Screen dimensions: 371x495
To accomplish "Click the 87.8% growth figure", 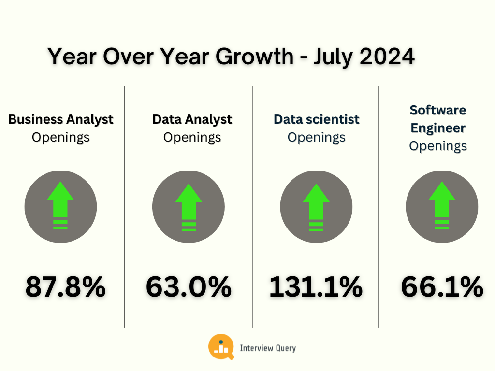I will tap(65, 287).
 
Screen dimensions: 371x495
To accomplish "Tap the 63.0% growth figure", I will tap(189, 287).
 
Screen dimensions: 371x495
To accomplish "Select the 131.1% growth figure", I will tap(316, 287).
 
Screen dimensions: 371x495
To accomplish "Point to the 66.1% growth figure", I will tap(442, 287).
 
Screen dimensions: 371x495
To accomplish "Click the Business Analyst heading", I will tap(61, 119).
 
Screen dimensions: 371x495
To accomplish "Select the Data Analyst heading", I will tap(192, 119).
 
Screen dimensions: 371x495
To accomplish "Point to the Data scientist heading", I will tap(317, 119).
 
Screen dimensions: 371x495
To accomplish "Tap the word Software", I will tap(438, 110).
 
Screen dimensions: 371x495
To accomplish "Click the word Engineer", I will tap(438, 128).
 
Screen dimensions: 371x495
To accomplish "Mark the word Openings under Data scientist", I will tap(317, 137).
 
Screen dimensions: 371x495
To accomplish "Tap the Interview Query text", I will tap(268, 348).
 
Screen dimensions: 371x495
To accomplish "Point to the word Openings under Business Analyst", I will tap(61, 137).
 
